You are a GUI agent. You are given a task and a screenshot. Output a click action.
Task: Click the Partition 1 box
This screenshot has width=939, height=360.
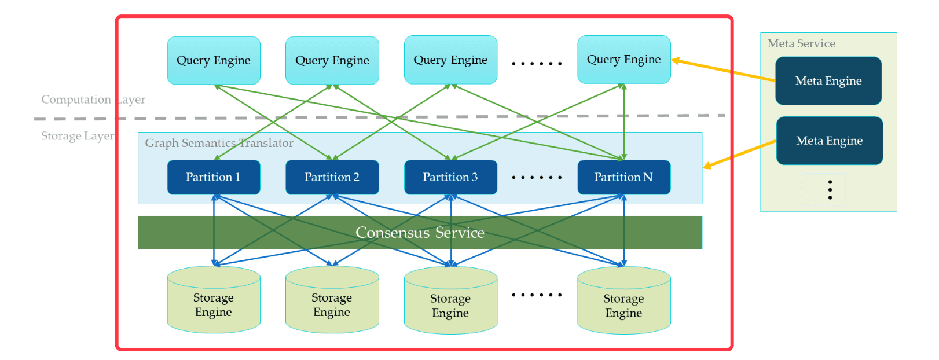213,177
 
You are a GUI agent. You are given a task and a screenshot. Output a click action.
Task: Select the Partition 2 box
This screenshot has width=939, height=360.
332,177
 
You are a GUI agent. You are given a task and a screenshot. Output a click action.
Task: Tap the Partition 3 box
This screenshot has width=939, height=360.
450,177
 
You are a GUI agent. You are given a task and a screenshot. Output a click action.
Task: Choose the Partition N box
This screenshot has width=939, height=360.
623,177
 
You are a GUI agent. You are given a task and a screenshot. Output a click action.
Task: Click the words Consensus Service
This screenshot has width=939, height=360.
420,233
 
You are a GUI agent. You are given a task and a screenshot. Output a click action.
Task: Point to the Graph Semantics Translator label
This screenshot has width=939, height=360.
219,143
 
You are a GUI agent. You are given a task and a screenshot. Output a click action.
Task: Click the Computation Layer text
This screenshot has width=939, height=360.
93,100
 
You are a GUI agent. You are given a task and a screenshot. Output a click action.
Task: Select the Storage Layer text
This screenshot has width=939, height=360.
77,136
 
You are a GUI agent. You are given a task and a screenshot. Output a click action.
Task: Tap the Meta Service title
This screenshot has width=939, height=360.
801,43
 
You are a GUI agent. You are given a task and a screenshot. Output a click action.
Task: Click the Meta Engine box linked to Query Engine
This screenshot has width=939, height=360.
828,81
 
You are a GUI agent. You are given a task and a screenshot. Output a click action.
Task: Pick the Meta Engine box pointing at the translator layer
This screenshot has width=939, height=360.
829,141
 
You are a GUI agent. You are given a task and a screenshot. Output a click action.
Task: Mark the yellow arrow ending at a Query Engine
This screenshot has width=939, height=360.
724,70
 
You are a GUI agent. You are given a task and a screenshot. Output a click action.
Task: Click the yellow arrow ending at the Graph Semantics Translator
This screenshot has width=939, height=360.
739,154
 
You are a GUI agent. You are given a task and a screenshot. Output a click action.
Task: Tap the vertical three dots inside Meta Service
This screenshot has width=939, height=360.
830,190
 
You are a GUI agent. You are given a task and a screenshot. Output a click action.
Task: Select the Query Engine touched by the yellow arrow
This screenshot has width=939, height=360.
623,60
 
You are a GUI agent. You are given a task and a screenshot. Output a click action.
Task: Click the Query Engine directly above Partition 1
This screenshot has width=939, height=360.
213,60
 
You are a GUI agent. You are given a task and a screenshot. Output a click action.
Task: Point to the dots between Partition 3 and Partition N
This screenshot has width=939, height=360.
537,178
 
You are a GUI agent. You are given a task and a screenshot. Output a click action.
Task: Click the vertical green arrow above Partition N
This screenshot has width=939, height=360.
624,122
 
